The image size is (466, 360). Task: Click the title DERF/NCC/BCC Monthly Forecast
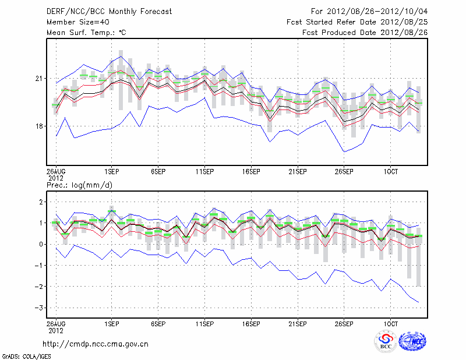[x=109, y=12]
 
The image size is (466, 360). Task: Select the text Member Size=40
[x=77, y=22]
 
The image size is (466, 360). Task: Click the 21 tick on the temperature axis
[x=38, y=78]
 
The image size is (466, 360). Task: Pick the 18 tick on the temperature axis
[x=38, y=126]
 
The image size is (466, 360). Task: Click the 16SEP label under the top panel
[x=251, y=172]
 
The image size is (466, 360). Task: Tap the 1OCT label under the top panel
[x=390, y=172]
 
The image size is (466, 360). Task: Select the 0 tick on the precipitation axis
[x=40, y=244]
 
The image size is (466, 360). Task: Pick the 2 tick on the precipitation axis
[x=40, y=202]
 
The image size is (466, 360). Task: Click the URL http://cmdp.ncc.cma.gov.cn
[x=96, y=344]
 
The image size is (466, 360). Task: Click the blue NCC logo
[x=412, y=341]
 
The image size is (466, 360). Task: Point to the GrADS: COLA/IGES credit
[x=26, y=355]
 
